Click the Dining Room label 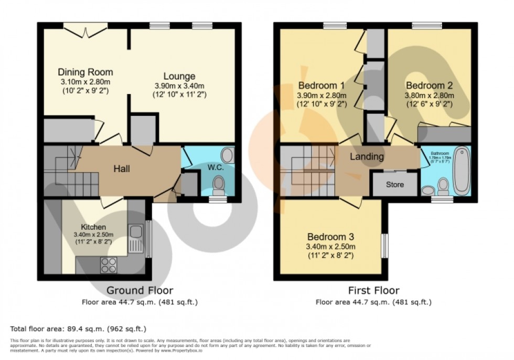point(85,72)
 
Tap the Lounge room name point(179,77)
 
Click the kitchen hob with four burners point(109,265)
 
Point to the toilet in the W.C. point(219,185)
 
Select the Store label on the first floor point(395,185)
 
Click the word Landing point(367,156)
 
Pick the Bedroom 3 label point(331,237)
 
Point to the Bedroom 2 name point(429,86)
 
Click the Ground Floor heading point(140,290)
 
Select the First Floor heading point(373,290)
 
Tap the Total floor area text point(78,329)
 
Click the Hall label point(122,169)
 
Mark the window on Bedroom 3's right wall point(384,246)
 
